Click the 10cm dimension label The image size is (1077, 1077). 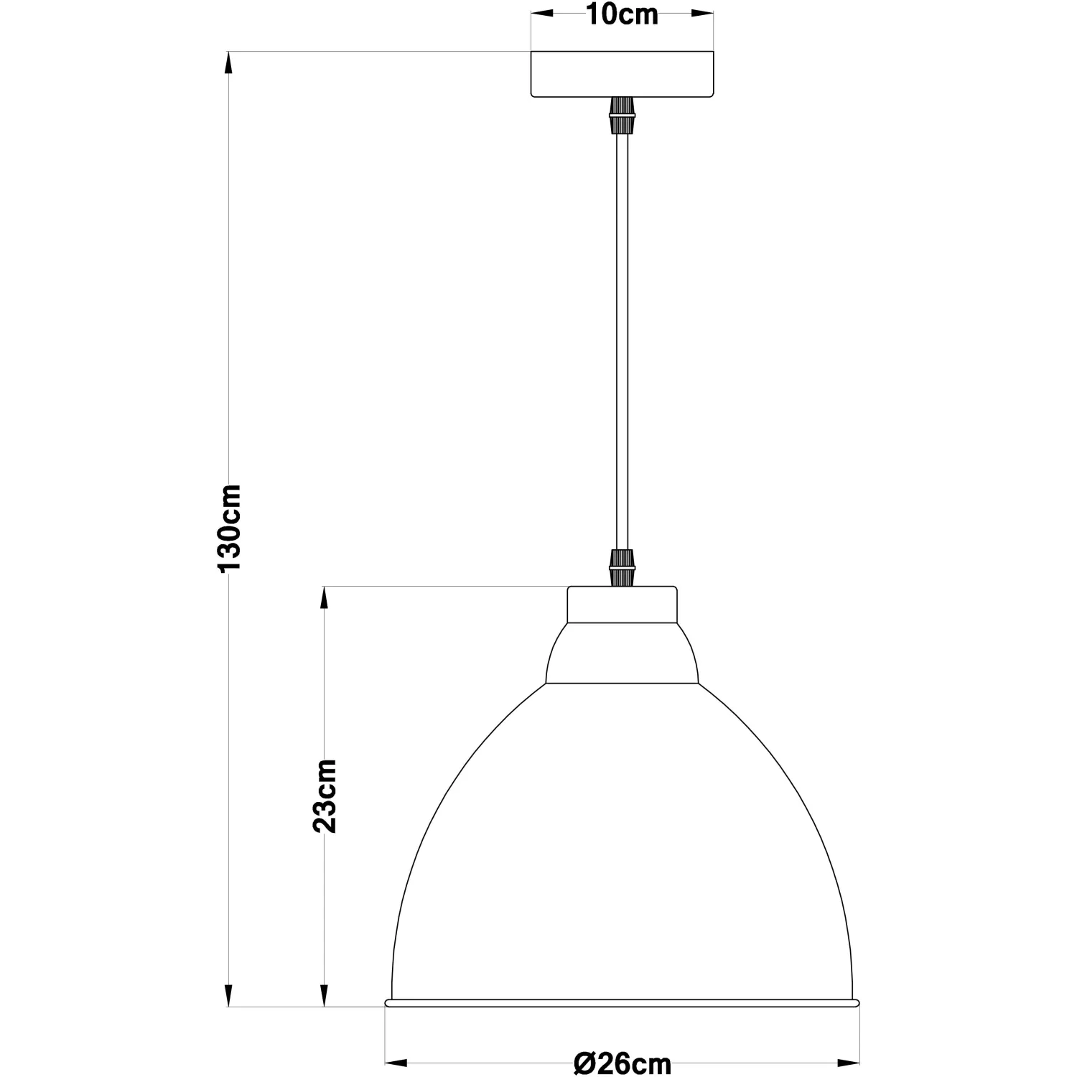tap(622, 15)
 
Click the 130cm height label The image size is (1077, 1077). tap(230, 528)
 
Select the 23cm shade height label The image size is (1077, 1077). tap(325, 796)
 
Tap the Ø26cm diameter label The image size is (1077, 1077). tap(622, 1063)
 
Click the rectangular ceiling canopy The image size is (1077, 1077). tap(622, 74)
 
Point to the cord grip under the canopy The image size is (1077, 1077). tap(622, 116)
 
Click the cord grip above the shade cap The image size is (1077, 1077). tap(622, 569)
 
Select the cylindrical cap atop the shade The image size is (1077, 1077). tap(622, 605)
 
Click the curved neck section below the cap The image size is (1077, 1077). tap(622, 653)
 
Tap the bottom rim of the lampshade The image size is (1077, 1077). tap(622, 1002)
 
